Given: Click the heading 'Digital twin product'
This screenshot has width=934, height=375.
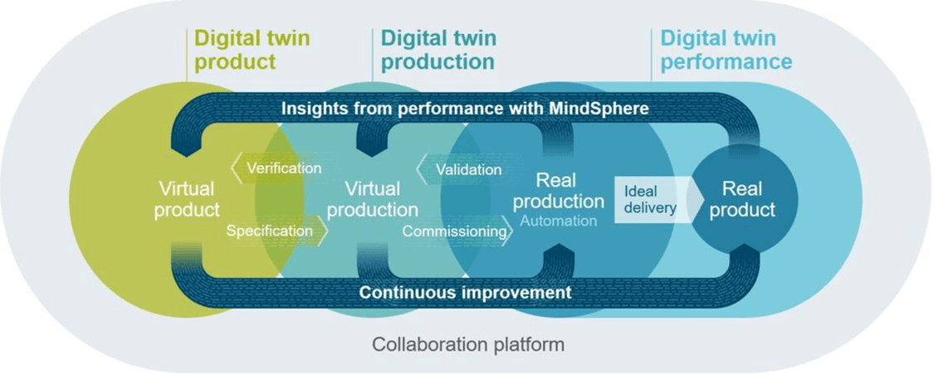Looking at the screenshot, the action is coord(252,51).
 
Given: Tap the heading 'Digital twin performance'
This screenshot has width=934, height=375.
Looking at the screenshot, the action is coord(726,51).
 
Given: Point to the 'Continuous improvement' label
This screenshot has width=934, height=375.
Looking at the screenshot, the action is coord(465,293).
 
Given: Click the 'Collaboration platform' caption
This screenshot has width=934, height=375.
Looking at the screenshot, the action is coord(468,344).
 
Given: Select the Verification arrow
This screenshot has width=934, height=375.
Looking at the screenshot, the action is coord(276,168).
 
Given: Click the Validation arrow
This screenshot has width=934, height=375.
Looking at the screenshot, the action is coord(461,169).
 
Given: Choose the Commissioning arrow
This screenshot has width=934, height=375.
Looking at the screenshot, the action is coord(457,231).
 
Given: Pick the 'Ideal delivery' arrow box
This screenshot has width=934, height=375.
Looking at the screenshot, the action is coord(653,199).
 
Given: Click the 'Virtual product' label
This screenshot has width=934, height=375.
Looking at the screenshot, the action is coord(187,200).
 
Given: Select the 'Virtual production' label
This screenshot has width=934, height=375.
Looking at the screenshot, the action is coord(373,200).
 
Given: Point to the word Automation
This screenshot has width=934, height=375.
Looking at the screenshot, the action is coord(559,221).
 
